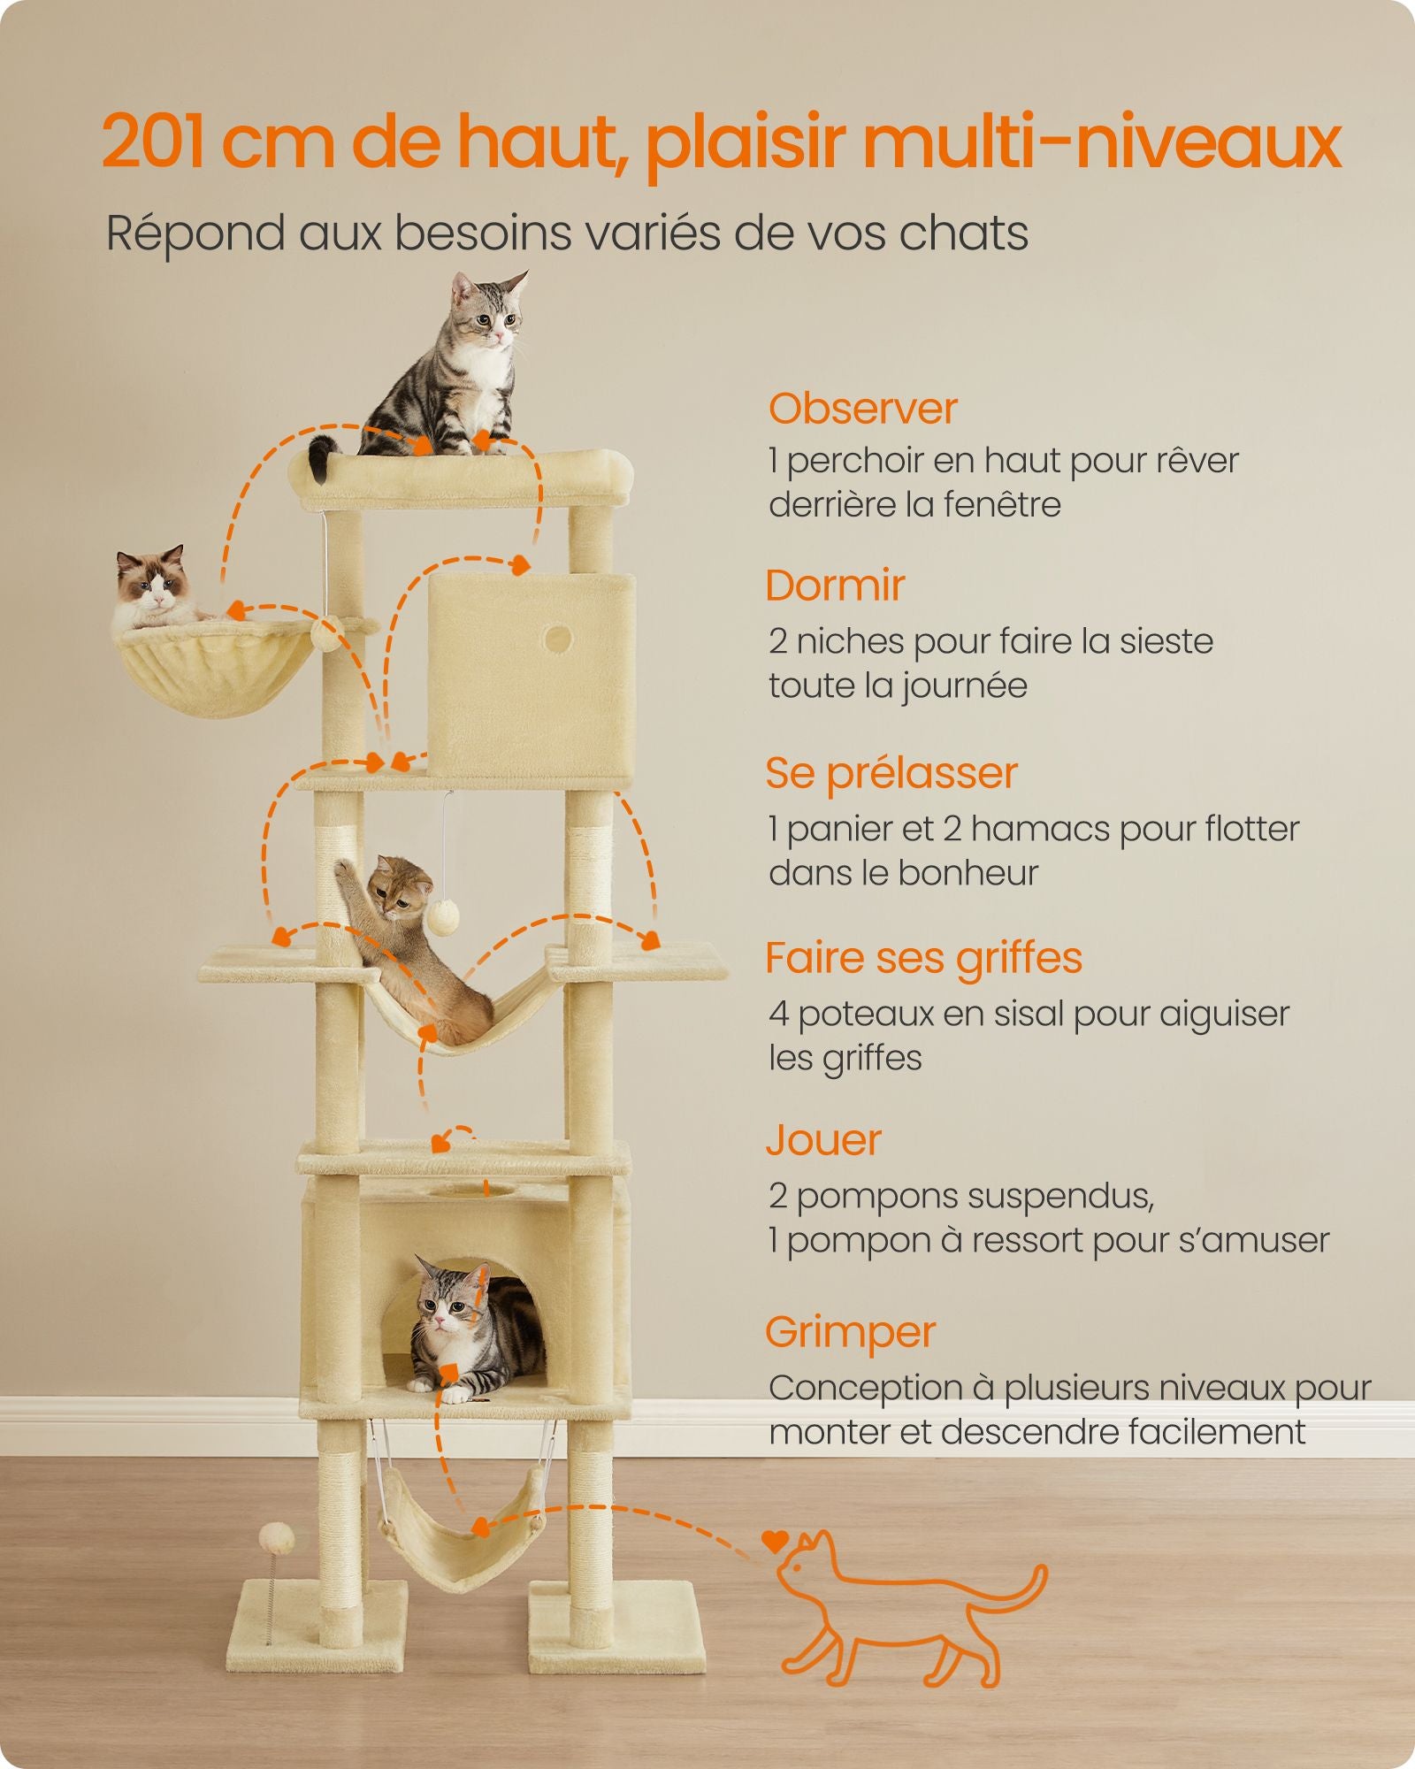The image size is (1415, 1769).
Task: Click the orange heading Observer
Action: click(x=862, y=409)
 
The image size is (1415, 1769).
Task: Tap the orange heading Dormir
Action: click(x=835, y=586)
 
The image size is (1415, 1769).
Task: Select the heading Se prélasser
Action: click(x=891, y=774)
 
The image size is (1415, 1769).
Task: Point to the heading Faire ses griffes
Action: click(x=923, y=959)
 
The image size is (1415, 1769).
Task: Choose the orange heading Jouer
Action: click(x=823, y=1141)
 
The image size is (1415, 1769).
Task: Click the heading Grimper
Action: click(x=850, y=1333)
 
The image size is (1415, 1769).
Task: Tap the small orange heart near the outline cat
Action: click(x=775, y=1543)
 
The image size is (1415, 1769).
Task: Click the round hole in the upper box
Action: click(x=557, y=638)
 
